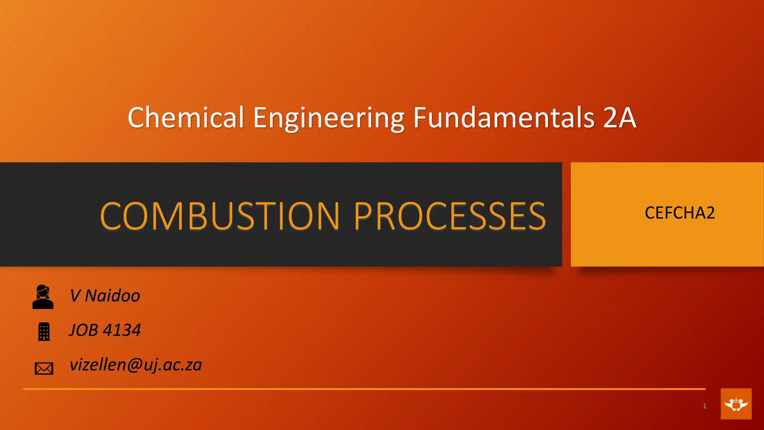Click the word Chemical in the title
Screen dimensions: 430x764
(186, 117)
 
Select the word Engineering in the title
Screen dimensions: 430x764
(329, 118)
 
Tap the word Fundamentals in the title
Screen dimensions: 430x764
(504, 117)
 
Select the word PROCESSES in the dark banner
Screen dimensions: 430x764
(450, 216)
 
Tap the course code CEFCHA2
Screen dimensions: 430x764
(680, 213)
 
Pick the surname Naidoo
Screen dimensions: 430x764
(112, 296)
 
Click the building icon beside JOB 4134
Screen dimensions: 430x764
(44, 331)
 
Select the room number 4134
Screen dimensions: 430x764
(122, 330)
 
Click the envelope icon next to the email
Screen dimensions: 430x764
(44, 368)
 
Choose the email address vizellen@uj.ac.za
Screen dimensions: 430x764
(136, 365)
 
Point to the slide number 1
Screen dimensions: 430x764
(704, 406)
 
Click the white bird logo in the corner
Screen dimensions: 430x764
(736, 404)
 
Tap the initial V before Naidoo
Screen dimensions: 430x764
(75, 296)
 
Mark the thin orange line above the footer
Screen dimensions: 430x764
(364, 389)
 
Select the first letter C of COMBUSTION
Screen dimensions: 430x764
(110, 216)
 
